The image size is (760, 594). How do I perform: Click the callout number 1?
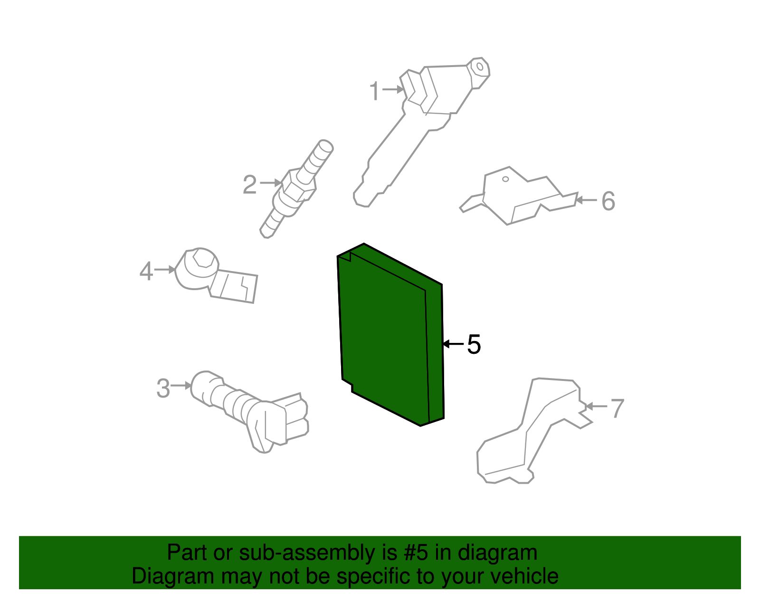click(x=375, y=91)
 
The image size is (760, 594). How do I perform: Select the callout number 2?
click(x=250, y=185)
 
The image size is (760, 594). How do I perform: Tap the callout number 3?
click(x=163, y=388)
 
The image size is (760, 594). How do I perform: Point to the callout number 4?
click(x=146, y=271)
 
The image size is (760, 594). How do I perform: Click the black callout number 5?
click(x=474, y=344)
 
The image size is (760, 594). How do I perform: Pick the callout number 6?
click(x=608, y=201)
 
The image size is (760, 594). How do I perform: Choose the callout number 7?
click(x=617, y=408)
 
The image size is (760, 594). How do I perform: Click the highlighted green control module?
click(x=390, y=334)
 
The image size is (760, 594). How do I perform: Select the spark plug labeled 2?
click(x=296, y=189)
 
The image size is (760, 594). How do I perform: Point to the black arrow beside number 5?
click(x=453, y=344)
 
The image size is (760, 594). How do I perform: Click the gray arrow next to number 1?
click(x=393, y=89)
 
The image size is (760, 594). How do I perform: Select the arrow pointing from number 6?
click(x=586, y=200)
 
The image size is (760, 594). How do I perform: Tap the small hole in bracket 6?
click(x=505, y=179)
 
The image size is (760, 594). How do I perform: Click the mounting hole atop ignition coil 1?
click(x=480, y=67)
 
